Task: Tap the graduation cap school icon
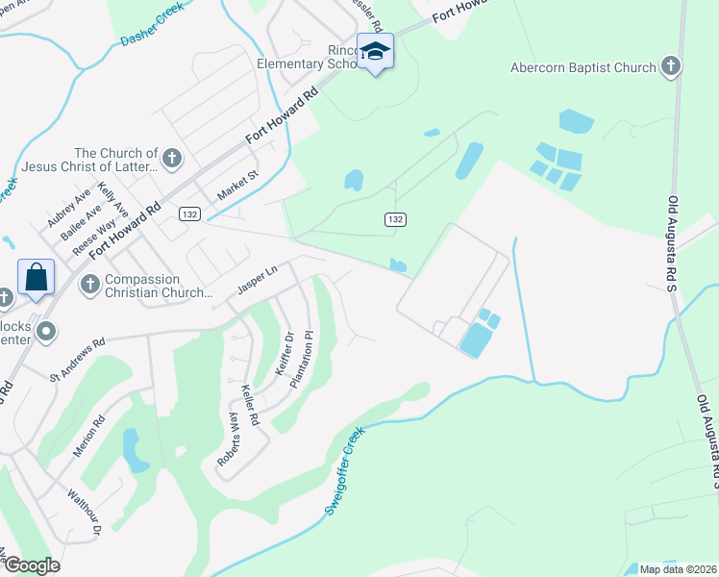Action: [x=375, y=52]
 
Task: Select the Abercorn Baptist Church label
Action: [x=583, y=67]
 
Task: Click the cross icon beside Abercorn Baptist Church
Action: [x=671, y=66]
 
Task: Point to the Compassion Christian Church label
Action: [x=158, y=286]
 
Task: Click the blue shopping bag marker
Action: [x=36, y=278]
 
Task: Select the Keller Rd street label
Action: [x=251, y=405]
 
